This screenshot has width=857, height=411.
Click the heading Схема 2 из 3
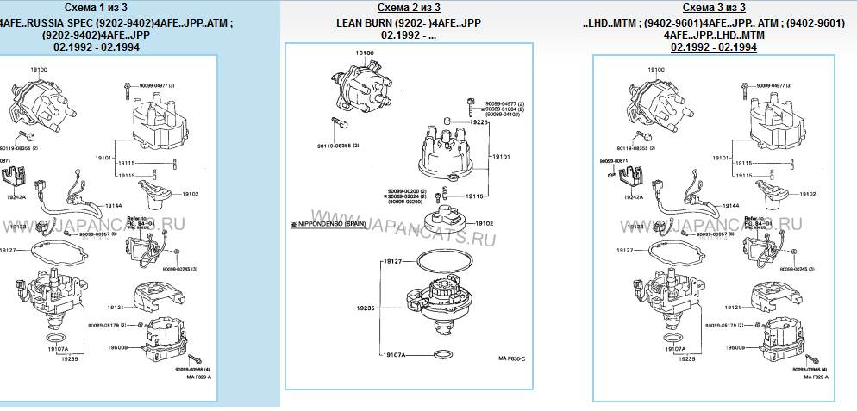[408, 8]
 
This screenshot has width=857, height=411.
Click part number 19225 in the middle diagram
[479, 122]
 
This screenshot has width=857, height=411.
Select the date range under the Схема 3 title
[713, 47]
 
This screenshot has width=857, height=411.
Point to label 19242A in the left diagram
[17, 197]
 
